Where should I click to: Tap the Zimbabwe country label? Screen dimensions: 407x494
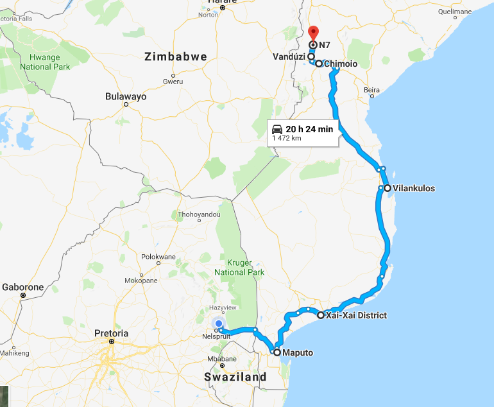176,56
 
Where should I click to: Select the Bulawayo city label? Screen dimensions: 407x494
126,96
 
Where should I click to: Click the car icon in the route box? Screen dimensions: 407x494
277,128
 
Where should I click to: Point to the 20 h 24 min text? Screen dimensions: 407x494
309,129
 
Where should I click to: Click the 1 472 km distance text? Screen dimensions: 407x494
287,138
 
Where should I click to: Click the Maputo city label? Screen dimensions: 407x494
297,352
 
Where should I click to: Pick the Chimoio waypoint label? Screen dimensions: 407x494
340,64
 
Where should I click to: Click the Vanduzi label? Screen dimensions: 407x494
289,56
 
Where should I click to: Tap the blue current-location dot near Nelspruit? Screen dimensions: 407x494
218,324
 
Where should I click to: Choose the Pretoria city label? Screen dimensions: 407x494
111,333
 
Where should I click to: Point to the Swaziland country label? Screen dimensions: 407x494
235,377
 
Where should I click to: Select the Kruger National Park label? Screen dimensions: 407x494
241,268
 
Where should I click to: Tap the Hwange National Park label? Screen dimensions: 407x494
44,62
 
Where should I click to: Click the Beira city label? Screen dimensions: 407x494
371,90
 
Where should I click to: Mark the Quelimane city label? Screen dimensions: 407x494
454,12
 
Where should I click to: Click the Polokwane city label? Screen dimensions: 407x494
158,257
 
